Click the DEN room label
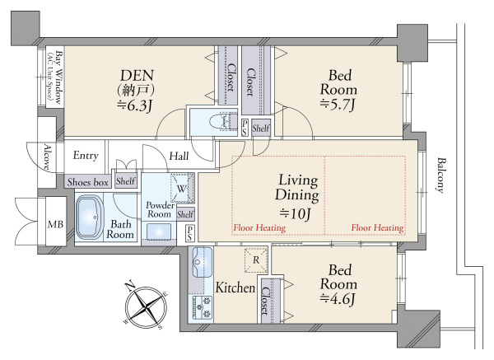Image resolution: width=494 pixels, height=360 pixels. pos(137,76)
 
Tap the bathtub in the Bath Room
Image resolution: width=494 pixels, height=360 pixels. pos(90,217)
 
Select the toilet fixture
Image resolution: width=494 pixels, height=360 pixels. pos(223,121)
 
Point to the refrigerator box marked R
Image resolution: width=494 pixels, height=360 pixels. pos(256,260)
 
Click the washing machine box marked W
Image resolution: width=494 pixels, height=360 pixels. pos(181,188)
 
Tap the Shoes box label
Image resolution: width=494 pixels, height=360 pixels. pos(87,182)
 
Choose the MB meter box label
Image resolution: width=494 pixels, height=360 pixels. pos(55,224)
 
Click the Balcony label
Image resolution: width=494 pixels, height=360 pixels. pos(440,175)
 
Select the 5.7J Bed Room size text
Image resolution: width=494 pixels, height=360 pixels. pos(338,105)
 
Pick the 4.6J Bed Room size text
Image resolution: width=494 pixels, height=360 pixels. pos(338,298)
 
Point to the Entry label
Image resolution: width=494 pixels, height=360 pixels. pos(86,156)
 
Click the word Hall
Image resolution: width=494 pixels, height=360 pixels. pos(179,156)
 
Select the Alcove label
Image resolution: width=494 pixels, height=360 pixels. pos(47,157)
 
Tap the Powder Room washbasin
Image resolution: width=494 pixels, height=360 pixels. pos(159,231)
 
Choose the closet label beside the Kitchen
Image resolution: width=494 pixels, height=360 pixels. pos(265,301)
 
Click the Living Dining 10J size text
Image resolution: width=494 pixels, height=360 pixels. pos(296,214)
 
